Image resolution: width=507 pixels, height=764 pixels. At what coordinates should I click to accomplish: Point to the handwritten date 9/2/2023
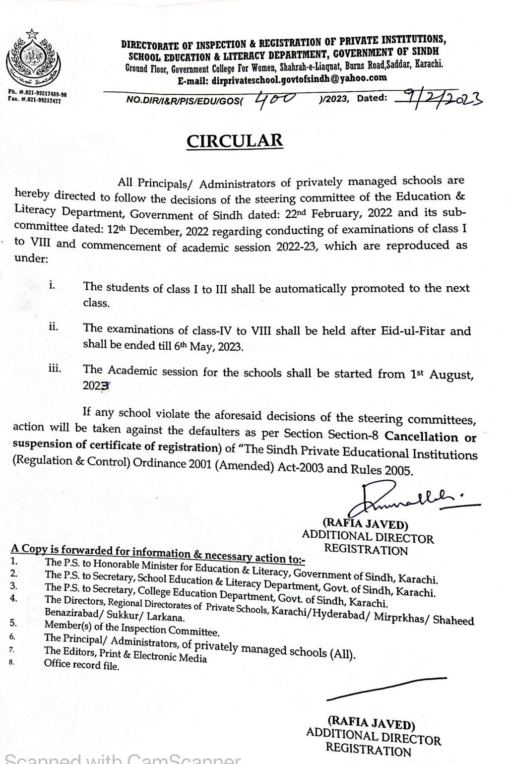pyautogui.click(x=438, y=97)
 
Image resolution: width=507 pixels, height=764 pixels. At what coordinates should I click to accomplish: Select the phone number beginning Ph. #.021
pyautogui.click(x=38, y=94)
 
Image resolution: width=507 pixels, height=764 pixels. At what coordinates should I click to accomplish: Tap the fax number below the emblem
pyautogui.click(x=35, y=100)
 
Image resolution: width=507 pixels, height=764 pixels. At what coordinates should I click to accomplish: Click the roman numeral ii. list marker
pyautogui.click(x=54, y=327)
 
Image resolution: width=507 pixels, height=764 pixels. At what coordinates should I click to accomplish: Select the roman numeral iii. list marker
pyautogui.click(x=55, y=368)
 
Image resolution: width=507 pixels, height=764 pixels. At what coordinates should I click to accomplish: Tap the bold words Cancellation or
pyautogui.click(x=431, y=437)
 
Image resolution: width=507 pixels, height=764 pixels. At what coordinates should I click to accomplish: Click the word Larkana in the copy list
pyautogui.click(x=167, y=618)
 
